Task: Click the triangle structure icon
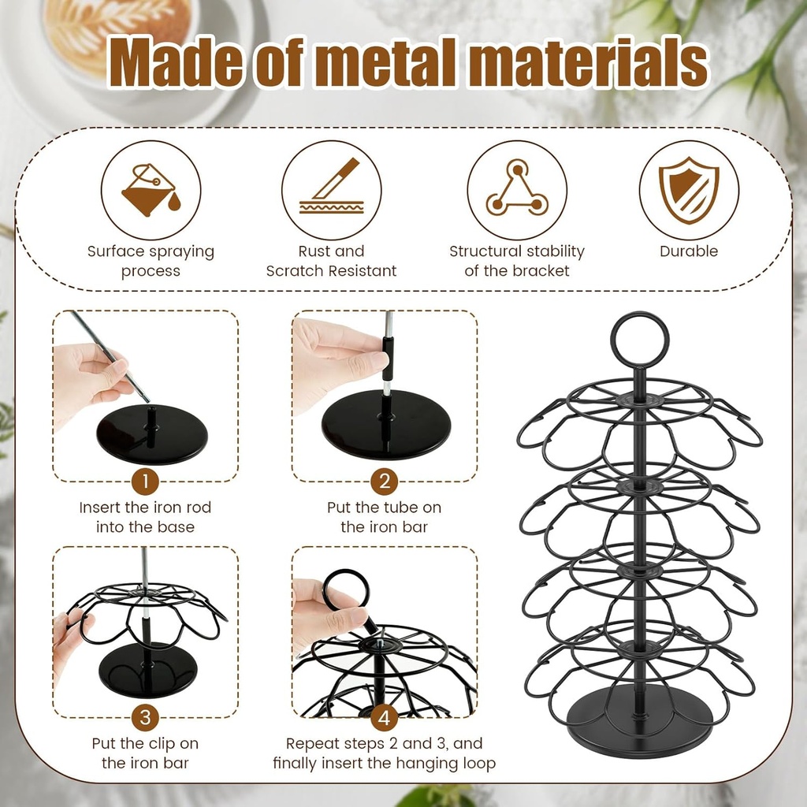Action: pyautogui.click(x=516, y=190)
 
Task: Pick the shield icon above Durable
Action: pyautogui.click(x=688, y=190)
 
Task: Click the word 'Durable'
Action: pyautogui.click(x=689, y=251)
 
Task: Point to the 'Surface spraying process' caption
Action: pyautogui.click(x=151, y=261)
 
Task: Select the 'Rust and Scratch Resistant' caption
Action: pyautogui.click(x=331, y=261)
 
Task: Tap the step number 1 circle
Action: pyautogui.click(x=145, y=480)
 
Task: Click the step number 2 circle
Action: pyautogui.click(x=384, y=480)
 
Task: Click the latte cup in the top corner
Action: pyautogui.click(x=118, y=35)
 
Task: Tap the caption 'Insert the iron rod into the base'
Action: pyautogui.click(x=145, y=517)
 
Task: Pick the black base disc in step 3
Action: pyautogui.click(x=147, y=670)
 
